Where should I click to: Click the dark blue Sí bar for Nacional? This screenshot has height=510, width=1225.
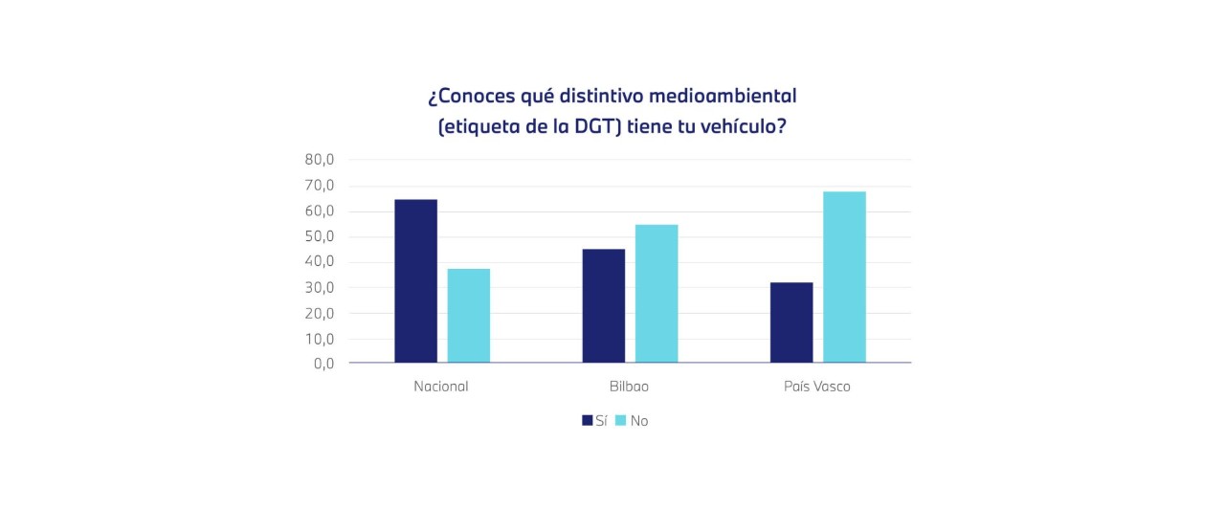pos(415,281)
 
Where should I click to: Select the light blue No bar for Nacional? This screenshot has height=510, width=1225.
pos(469,316)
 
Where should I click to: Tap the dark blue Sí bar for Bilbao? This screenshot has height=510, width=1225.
pos(604,306)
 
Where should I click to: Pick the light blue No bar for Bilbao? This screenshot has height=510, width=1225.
pos(657,294)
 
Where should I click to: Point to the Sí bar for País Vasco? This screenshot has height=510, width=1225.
pos(791,322)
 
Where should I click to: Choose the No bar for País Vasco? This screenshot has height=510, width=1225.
pos(844,277)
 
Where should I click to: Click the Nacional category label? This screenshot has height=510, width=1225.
pos(441,388)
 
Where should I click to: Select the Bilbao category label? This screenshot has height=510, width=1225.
pos(629,388)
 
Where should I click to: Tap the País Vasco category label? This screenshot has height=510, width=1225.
pos(816,388)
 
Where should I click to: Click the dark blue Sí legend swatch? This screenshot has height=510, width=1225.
pos(587,420)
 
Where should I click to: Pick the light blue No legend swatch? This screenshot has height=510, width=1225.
pos(620,420)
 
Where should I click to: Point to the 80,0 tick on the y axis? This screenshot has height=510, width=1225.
pos(320,160)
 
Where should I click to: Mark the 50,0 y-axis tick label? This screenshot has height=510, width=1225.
pos(320,236)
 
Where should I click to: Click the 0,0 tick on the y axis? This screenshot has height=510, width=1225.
pos(323,364)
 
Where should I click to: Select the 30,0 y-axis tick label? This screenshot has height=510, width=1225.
pos(320,287)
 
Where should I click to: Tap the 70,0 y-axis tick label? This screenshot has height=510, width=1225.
pos(320,186)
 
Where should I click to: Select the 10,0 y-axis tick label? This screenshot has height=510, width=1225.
pos(320,339)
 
